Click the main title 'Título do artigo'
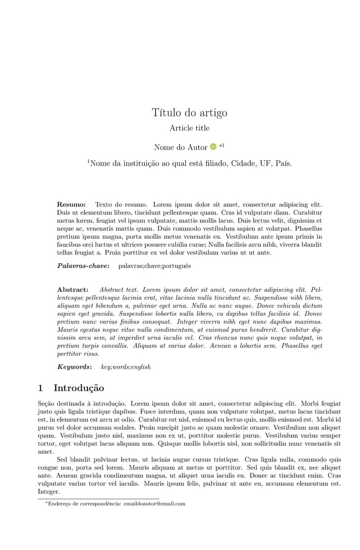pos(190,113)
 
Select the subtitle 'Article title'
pos(190,128)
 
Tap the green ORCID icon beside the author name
pos(213,147)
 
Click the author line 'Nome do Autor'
pos(180,147)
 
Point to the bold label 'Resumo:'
pos(71,205)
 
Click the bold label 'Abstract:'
pos(73,290)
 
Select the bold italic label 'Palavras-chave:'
pos(83,266)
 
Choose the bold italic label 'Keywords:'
pos(74,367)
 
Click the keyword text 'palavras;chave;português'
pos(155,266)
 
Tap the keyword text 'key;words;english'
pos(126,367)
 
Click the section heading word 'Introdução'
pos(79,388)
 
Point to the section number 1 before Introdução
pos(40,388)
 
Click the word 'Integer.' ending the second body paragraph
pos(49,491)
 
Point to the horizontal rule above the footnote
pos(98,499)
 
